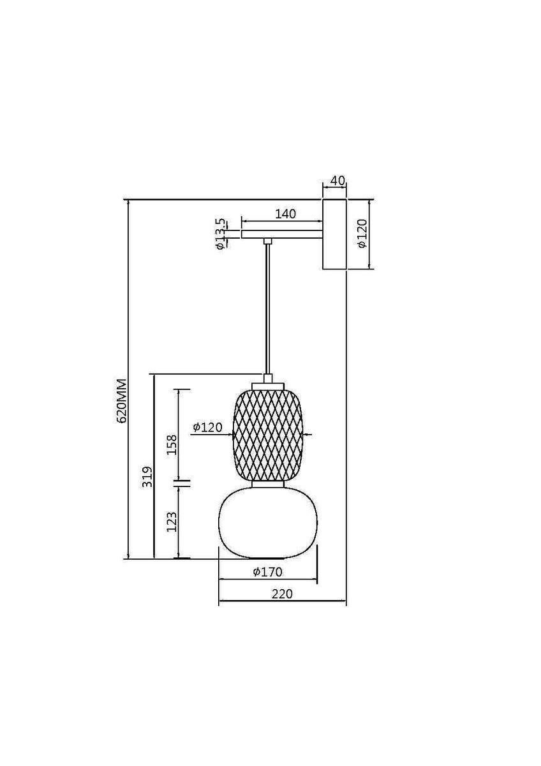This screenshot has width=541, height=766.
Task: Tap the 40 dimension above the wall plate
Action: tap(338, 180)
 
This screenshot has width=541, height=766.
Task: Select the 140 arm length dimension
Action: tap(285, 214)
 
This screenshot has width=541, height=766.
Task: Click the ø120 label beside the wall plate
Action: tap(361, 233)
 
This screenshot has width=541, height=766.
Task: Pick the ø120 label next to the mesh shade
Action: tap(207, 427)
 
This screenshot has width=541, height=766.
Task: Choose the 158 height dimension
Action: tap(172, 444)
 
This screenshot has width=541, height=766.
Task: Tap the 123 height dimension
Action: tap(172, 522)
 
